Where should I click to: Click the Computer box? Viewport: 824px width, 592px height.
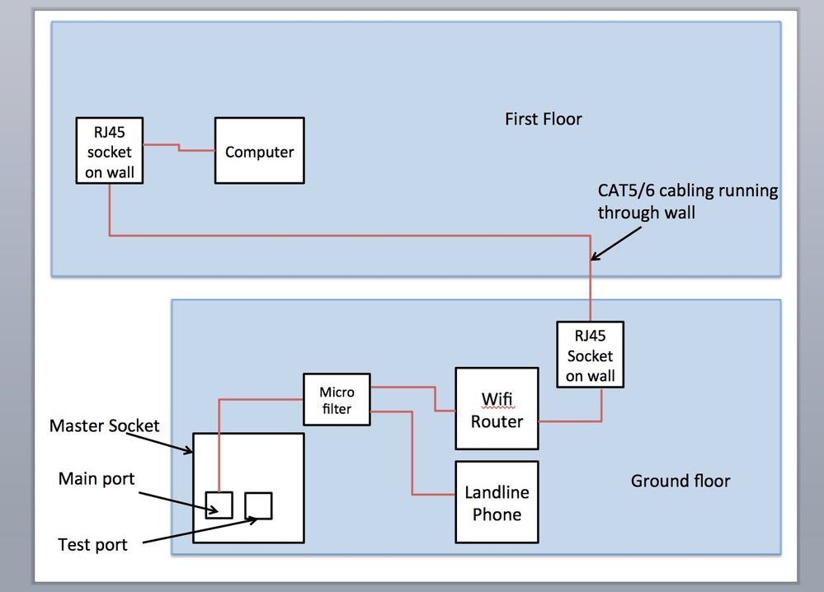(x=259, y=151)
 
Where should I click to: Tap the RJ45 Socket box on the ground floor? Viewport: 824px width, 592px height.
(x=590, y=355)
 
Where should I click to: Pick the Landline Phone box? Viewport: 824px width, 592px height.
(x=497, y=502)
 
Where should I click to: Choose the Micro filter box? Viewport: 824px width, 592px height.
(x=337, y=400)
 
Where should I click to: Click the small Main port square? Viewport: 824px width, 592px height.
(x=219, y=504)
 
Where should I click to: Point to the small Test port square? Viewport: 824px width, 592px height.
(x=258, y=505)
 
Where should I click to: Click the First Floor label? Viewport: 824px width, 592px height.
(x=543, y=120)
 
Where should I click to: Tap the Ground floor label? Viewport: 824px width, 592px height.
(x=680, y=480)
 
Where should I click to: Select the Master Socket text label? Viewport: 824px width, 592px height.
(x=104, y=425)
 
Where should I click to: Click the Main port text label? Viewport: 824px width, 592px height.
(x=97, y=479)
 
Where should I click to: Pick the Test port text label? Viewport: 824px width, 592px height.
(x=92, y=545)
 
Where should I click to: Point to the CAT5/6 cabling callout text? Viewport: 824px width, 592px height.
(x=687, y=201)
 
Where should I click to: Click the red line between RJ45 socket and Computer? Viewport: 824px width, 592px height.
(x=178, y=148)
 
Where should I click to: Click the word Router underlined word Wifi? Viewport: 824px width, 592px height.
(x=497, y=422)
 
